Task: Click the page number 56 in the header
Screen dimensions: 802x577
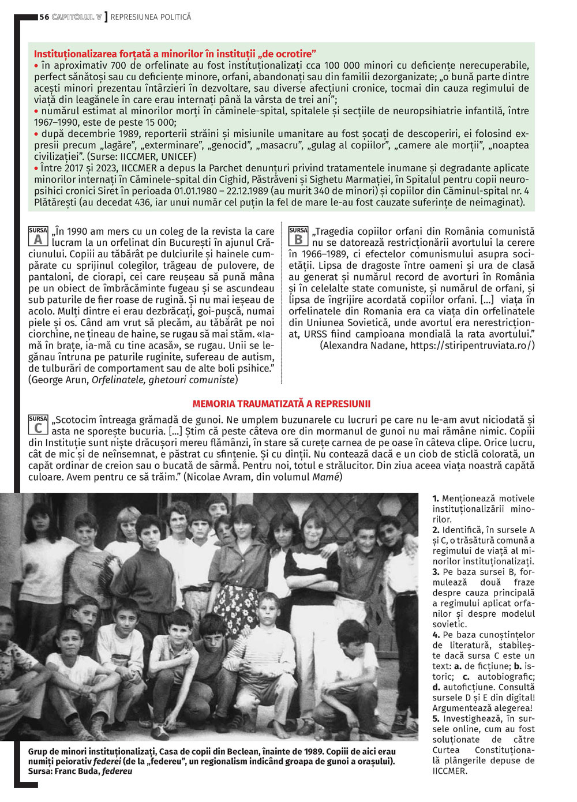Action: [x=44, y=17]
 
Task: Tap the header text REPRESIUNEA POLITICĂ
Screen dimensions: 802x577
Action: [x=151, y=17]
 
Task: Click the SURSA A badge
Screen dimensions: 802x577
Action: [x=38, y=235]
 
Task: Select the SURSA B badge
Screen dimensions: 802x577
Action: [x=298, y=235]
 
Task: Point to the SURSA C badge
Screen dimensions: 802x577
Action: [x=38, y=424]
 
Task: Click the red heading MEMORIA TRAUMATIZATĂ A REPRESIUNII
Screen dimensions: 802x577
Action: [x=281, y=404]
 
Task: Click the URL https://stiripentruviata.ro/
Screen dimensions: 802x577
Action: [x=471, y=346]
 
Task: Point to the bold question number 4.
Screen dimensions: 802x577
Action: [x=436, y=635]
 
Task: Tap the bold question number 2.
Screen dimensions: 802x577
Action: [x=436, y=530]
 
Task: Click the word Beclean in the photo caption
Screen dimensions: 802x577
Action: [x=260, y=751]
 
